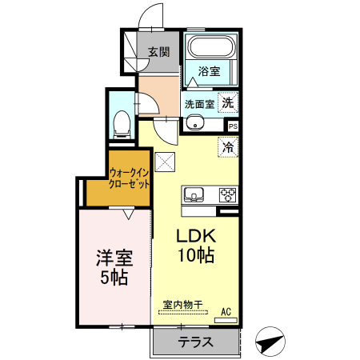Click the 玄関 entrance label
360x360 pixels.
[159, 52]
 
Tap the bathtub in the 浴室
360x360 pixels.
[212, 46]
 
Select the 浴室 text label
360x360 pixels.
[209, 71]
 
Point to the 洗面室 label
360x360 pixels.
[200, 104]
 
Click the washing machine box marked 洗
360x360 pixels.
[228, 102]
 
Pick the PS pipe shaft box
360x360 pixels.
[233, 126]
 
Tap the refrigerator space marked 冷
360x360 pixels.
[228, 147]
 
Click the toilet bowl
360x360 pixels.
[122, 124]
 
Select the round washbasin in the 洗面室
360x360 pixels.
[195, 122]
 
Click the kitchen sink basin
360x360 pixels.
[194, 194]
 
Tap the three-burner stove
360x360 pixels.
[228, 195]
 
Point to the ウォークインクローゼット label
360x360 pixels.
[130, 178]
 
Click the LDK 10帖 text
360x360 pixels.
[196, 246]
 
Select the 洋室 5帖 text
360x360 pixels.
[114, 267]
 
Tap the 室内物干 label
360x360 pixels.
[183, 305]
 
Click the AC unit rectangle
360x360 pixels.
[226, 320]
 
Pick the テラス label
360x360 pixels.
[196, 342]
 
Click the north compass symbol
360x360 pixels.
[270, 342]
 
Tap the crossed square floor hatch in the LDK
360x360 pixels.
[165, 162]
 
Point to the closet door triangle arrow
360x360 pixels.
[129, 214]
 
